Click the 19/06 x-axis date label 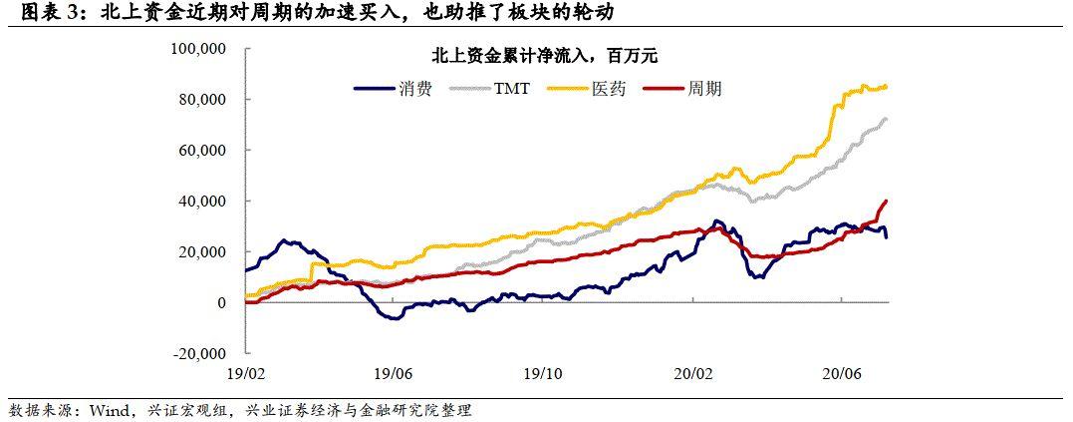395,373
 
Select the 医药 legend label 609,88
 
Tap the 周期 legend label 704,88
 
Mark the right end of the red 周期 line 887,201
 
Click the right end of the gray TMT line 887,119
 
